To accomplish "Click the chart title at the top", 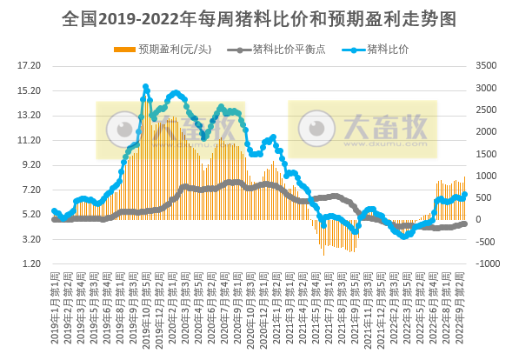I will point(259,18).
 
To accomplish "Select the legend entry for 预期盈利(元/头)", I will point(169,49).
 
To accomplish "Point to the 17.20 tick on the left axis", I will point(30,65).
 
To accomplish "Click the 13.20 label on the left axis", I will point(30,115).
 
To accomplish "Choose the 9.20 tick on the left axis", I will point(31,164).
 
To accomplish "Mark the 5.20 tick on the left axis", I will point(31,214).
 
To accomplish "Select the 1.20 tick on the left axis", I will point(31,263).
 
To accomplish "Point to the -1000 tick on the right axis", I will point(488,263).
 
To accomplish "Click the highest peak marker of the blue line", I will point(145,87).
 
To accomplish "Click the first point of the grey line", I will point(54,219).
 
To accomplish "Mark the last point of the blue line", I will point(465,194).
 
